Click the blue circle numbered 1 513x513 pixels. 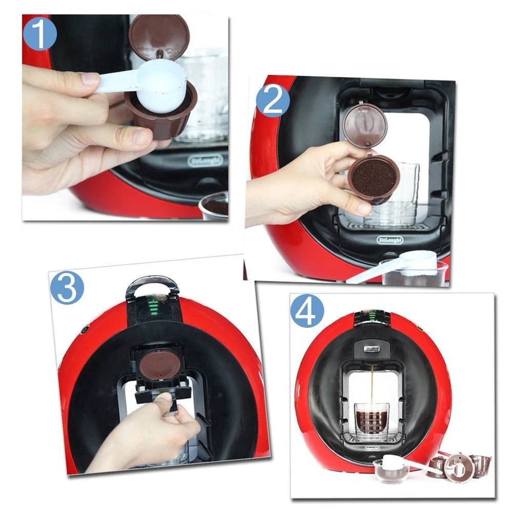pyautogui.click(x=39, y=33)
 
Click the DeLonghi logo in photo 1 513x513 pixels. pyautogui.click(x=205, y=161)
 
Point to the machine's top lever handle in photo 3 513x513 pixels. pyautogui.click(x=152, y=283)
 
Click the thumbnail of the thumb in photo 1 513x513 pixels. pyautogui.click(x=90, y=78)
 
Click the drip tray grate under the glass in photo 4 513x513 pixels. pyautogui.click(x=371, y=439)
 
